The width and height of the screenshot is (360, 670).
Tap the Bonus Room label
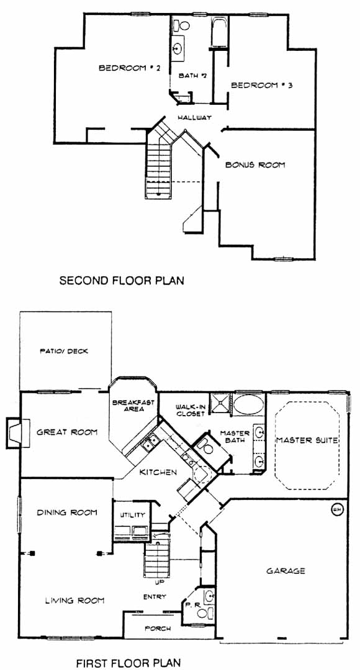pos(255,164)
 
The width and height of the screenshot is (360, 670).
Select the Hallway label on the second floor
pos(195,117)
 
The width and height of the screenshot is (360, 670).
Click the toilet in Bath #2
pos(181,25)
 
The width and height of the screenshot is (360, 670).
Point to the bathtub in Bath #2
pos(219,32)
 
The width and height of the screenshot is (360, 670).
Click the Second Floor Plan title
pos(122,281)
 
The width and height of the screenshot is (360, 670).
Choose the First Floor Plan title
pos(128,663)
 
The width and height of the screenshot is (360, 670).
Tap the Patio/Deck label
pos(64,351)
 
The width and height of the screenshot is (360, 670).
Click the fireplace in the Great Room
pos(18,433)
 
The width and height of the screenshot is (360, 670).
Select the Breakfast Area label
pos(133,406)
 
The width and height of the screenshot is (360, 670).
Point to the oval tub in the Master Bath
pos(250,404)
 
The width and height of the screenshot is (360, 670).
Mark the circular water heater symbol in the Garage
pos(337,509)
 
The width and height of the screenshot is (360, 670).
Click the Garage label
pos(286,571)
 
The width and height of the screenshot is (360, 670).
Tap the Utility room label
pos(133,516)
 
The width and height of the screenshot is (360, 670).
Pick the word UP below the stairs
pos(158,581)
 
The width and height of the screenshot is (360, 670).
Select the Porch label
pos(158,628)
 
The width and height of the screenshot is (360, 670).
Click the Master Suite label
pos(307,440)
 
